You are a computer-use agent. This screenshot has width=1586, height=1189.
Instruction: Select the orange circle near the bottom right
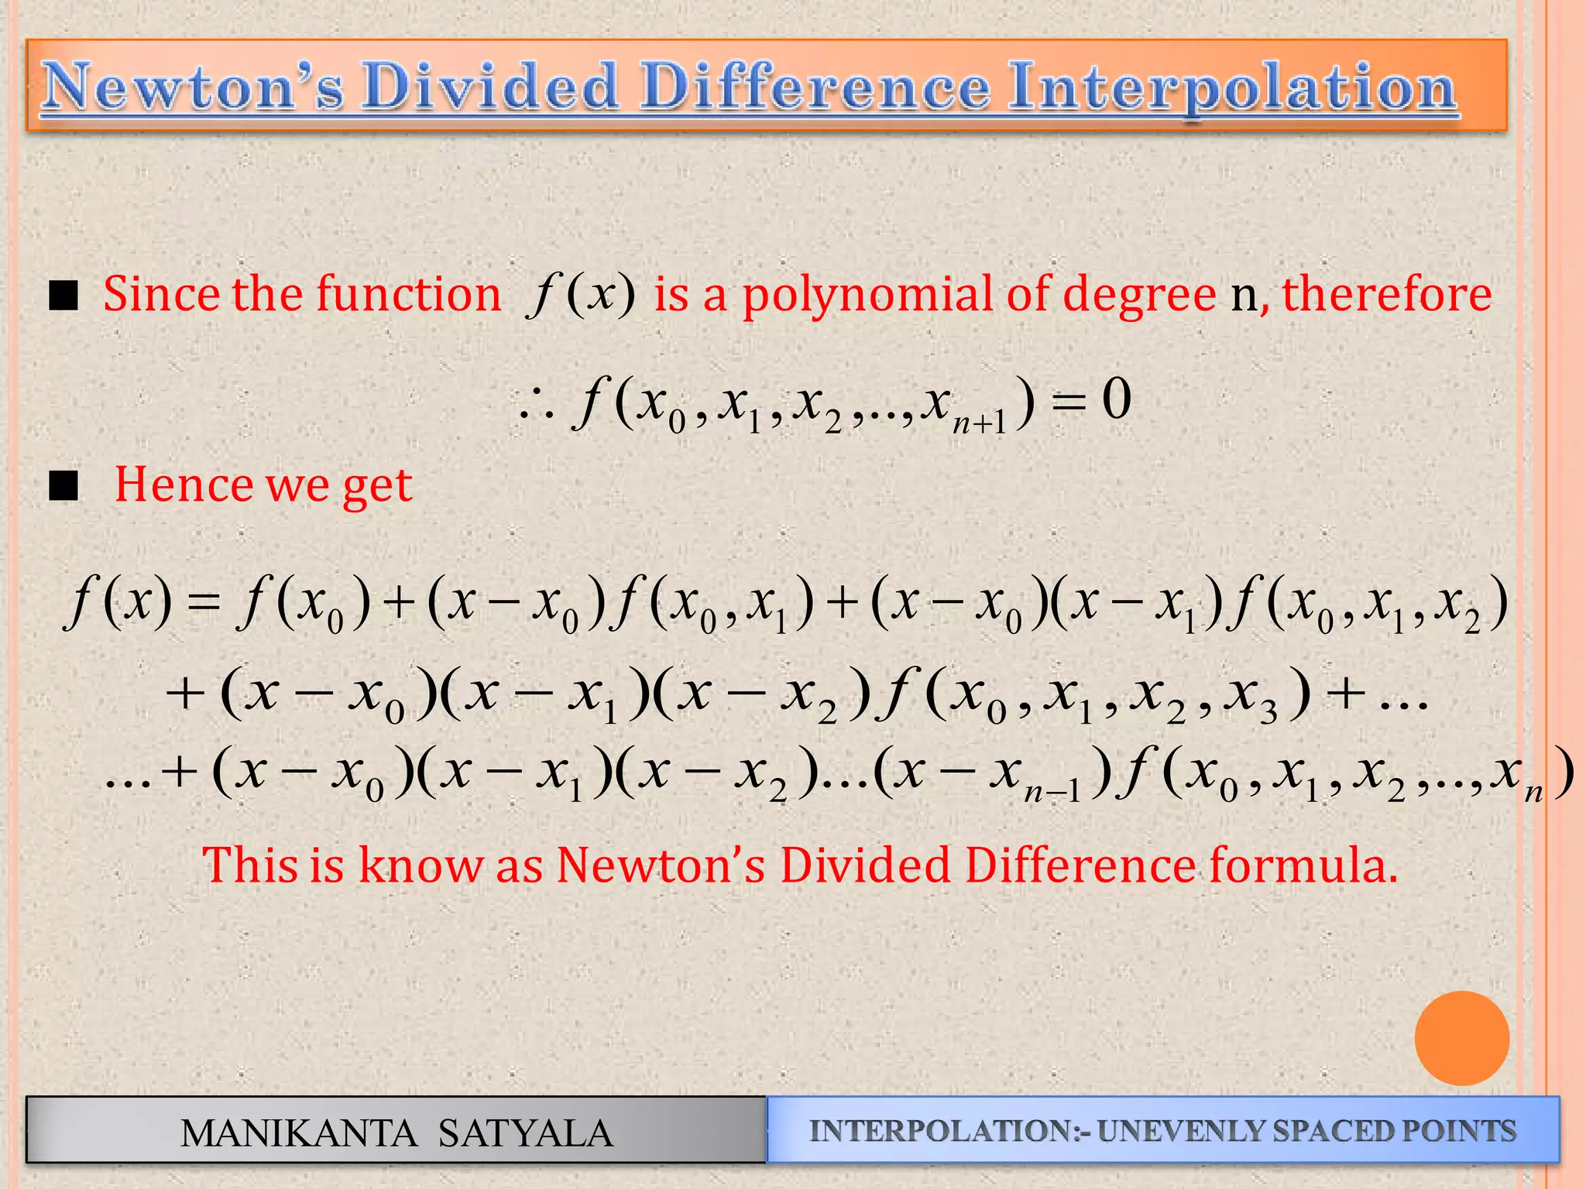tap(1461, 1038)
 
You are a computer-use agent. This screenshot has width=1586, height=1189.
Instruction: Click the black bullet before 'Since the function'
tap(64, 296)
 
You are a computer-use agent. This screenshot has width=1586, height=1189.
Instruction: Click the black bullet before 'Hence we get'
tap(64, 486)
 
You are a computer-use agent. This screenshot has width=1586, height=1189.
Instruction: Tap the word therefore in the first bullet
tap(1386, 294)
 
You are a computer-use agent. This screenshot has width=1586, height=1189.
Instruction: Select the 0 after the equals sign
tap(1116, 401)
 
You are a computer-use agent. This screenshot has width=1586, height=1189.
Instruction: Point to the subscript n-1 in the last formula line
tap(1052, 792)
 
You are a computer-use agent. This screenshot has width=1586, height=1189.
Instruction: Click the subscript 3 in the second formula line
tap(1268, 712)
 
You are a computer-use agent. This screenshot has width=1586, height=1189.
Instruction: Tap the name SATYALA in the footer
tap(525, 1133)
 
